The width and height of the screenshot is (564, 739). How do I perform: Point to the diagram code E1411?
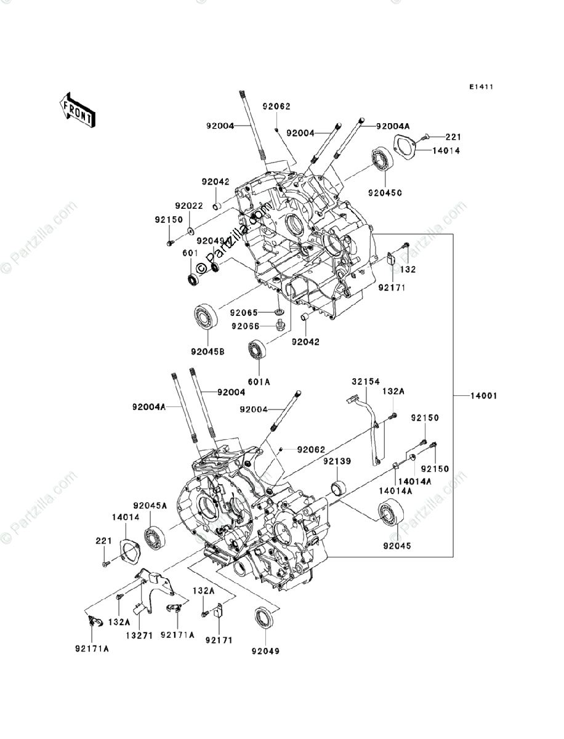click(x=480, y=87)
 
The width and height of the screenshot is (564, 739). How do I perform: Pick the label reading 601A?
click(x=259, y=381)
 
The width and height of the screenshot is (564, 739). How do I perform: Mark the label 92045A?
click(x=151, y=505)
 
